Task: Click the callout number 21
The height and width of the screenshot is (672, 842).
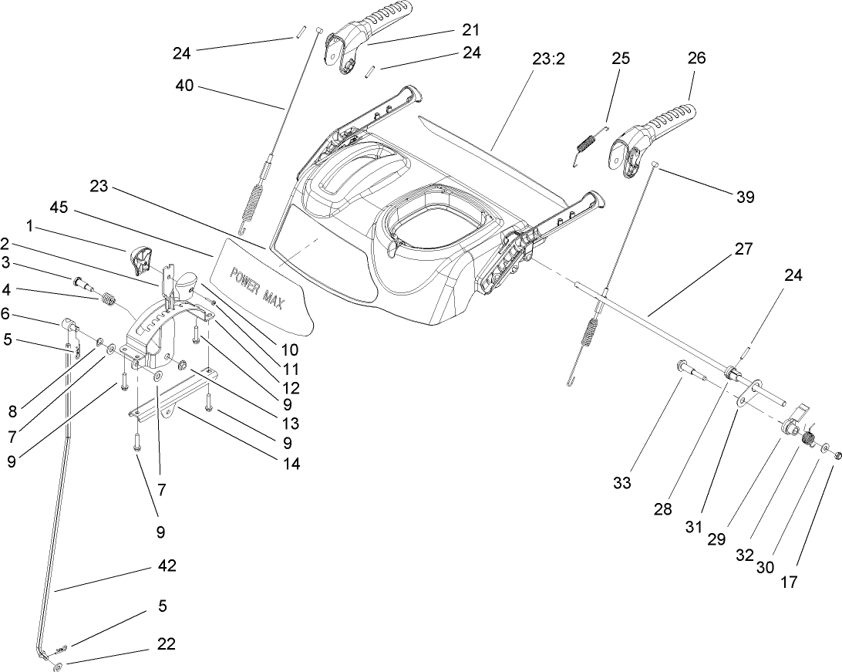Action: click(x=470, y=30)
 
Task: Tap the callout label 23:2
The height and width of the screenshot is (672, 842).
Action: click(x=549, y=59)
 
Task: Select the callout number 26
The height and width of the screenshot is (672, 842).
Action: click(x=696, y=58)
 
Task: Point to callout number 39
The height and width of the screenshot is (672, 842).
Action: click(x=744, y=197)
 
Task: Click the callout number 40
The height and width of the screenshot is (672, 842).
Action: click(x=185, y=87)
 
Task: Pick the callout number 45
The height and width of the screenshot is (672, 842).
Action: click(x=59, y=208)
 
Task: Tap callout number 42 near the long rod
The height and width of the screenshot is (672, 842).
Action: click(x=167, y=566)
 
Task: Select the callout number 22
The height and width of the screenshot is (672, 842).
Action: click(x=167, y=644)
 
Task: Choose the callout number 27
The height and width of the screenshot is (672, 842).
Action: click(x=743, y=249)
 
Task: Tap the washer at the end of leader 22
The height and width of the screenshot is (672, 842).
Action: click(x=59, y=666)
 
